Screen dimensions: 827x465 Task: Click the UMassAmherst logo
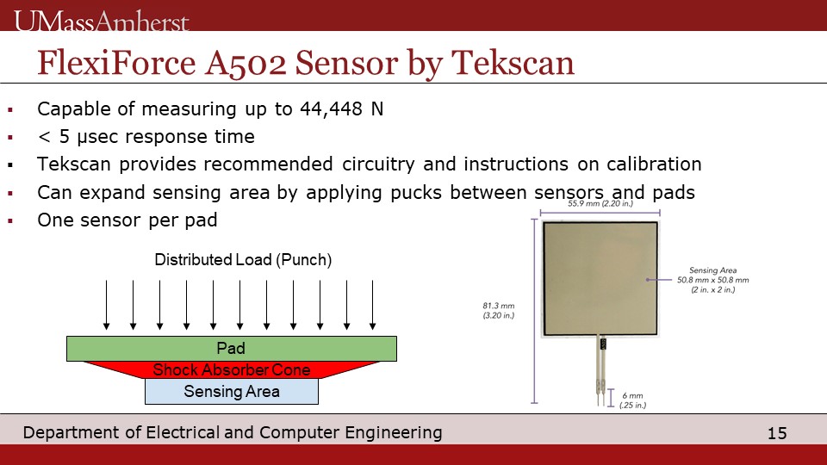102,21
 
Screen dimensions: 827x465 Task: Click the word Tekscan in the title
513,63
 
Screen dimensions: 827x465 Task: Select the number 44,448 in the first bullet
331,109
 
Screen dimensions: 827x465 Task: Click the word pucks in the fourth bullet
415,192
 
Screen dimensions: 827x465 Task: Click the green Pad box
232,349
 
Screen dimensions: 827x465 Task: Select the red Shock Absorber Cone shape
232,369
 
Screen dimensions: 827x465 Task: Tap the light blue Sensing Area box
232,391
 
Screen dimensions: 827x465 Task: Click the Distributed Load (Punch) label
243,260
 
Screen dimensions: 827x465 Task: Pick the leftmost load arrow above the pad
107,305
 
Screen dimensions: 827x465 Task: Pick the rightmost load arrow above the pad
373,305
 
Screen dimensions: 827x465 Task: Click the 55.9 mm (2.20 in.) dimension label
600,203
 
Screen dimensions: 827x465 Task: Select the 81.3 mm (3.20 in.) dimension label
499,311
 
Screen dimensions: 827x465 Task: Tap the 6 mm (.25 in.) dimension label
632,400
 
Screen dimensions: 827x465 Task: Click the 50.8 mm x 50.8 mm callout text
713,280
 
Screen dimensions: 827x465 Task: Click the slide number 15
777,433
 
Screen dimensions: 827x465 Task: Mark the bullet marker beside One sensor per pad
10,221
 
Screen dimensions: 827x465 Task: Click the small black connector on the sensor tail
603,344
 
